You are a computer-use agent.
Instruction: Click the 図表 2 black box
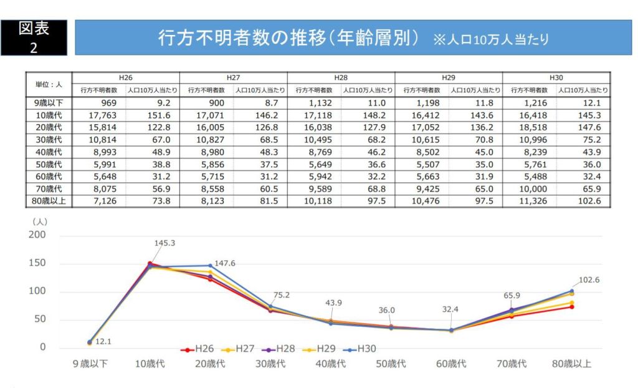(34, 37)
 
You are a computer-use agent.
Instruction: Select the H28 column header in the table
(341, 77)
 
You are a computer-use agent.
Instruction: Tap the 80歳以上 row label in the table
(49, 201)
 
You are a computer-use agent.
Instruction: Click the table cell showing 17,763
(100, 115)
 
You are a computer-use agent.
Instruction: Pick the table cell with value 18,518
(530, 128)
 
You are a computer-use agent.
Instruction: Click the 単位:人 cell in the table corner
(49, 84)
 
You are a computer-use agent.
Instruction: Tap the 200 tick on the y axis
(37, 235)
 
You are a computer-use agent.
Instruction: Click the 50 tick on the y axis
(39, 319)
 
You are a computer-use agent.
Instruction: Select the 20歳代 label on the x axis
(211, 364)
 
